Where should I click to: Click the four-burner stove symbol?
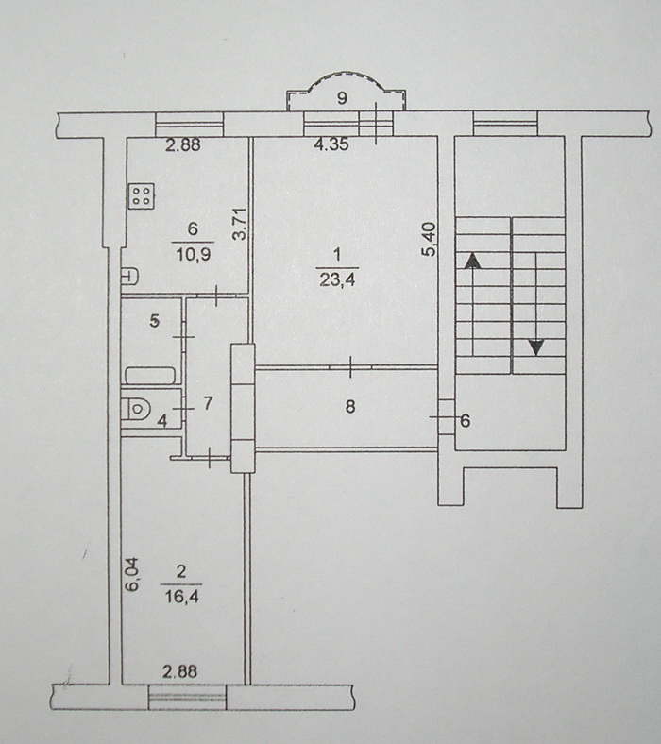click(x=142, y=196)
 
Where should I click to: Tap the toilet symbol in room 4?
click(x=135, y=409)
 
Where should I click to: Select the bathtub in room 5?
click(x=150, y=376)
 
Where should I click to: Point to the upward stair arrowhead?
click(x=472, y=262)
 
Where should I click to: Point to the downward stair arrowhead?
click(x=536, y=347)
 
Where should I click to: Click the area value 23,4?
click(x=337, y=280)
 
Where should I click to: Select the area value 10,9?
click(x=194, y=255)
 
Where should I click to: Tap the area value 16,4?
click(x=181, y=597)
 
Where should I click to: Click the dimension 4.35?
click(x=331, y=144)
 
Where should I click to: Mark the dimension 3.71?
click(x=241, y=224)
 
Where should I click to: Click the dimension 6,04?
click(x=132, y=574)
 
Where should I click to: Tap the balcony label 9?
click(x=342, y=98)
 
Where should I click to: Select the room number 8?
click(x=350, y=407)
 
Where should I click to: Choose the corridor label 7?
click(x=208, y=403)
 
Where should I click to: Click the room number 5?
click(x=155, y=321)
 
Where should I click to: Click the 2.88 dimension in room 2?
click(x=179, y=671)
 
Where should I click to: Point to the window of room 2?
click(x=187, y=697)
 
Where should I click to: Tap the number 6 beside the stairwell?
click(x=465, y=420)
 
